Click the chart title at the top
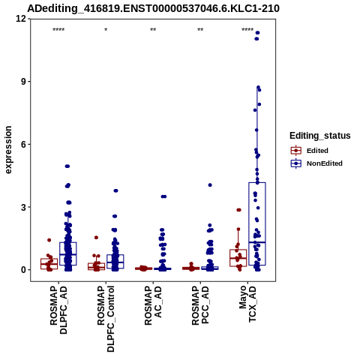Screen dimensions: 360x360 click(153, 8)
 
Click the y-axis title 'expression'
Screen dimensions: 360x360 click(8, 150)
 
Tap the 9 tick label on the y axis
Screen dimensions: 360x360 click(23, 82)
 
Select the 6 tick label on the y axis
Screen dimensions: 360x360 click(23, 144)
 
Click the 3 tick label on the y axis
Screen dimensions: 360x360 click(23, 207)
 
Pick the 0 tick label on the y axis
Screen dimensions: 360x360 click(23, 270)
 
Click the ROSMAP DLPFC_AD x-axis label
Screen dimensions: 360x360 click(58, 310)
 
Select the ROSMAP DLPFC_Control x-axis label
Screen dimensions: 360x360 click(106, 319)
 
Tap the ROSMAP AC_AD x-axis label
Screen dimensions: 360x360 click(153, 305)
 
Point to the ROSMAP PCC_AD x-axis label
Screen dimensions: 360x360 click(200, 305)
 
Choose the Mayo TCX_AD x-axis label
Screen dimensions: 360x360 click(247, 304)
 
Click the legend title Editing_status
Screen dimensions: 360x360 click(320, 136)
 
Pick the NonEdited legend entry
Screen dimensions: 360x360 click(316, 163)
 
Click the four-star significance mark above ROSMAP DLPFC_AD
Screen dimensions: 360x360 click(58, 30)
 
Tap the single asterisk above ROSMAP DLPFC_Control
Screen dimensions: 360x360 click(106, 30)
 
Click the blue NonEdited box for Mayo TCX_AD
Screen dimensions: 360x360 click(257, 223)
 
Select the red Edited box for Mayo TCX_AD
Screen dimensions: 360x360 click(238, 258)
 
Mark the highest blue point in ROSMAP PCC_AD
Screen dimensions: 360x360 click(210, 185)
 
